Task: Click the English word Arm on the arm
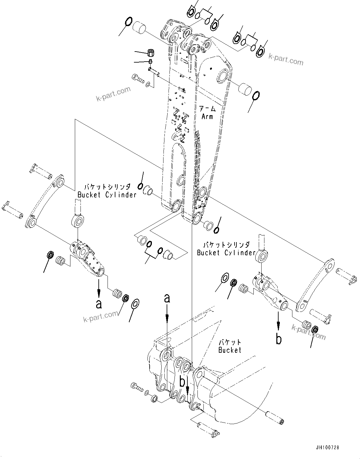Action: point(207,117)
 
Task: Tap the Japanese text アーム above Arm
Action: point(208,109)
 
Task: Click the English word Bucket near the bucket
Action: point(230,350)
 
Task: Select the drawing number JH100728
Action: point(328,447)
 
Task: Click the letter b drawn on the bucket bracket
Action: point(182,382)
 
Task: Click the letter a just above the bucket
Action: point(167,298)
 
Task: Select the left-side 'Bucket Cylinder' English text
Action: point(107,195)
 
